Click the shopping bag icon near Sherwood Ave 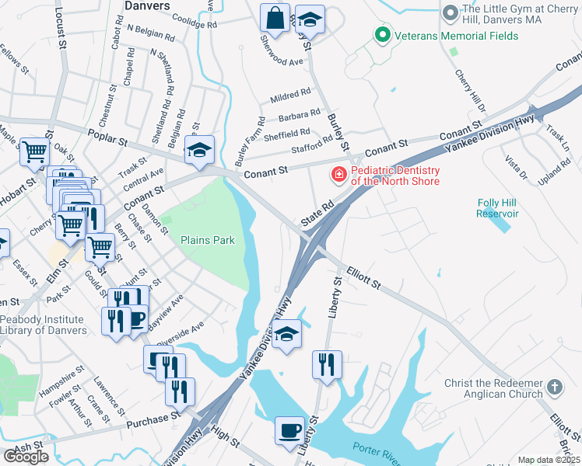275,18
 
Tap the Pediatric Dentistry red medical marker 339,175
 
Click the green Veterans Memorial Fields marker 382,34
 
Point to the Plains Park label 208,241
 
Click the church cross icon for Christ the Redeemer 554,387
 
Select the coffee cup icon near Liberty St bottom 290,431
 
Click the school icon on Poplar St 199,150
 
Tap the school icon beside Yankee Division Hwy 286,334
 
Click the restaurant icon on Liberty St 326,363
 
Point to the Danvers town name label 147,5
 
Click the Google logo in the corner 26,456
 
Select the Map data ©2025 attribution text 549,460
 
